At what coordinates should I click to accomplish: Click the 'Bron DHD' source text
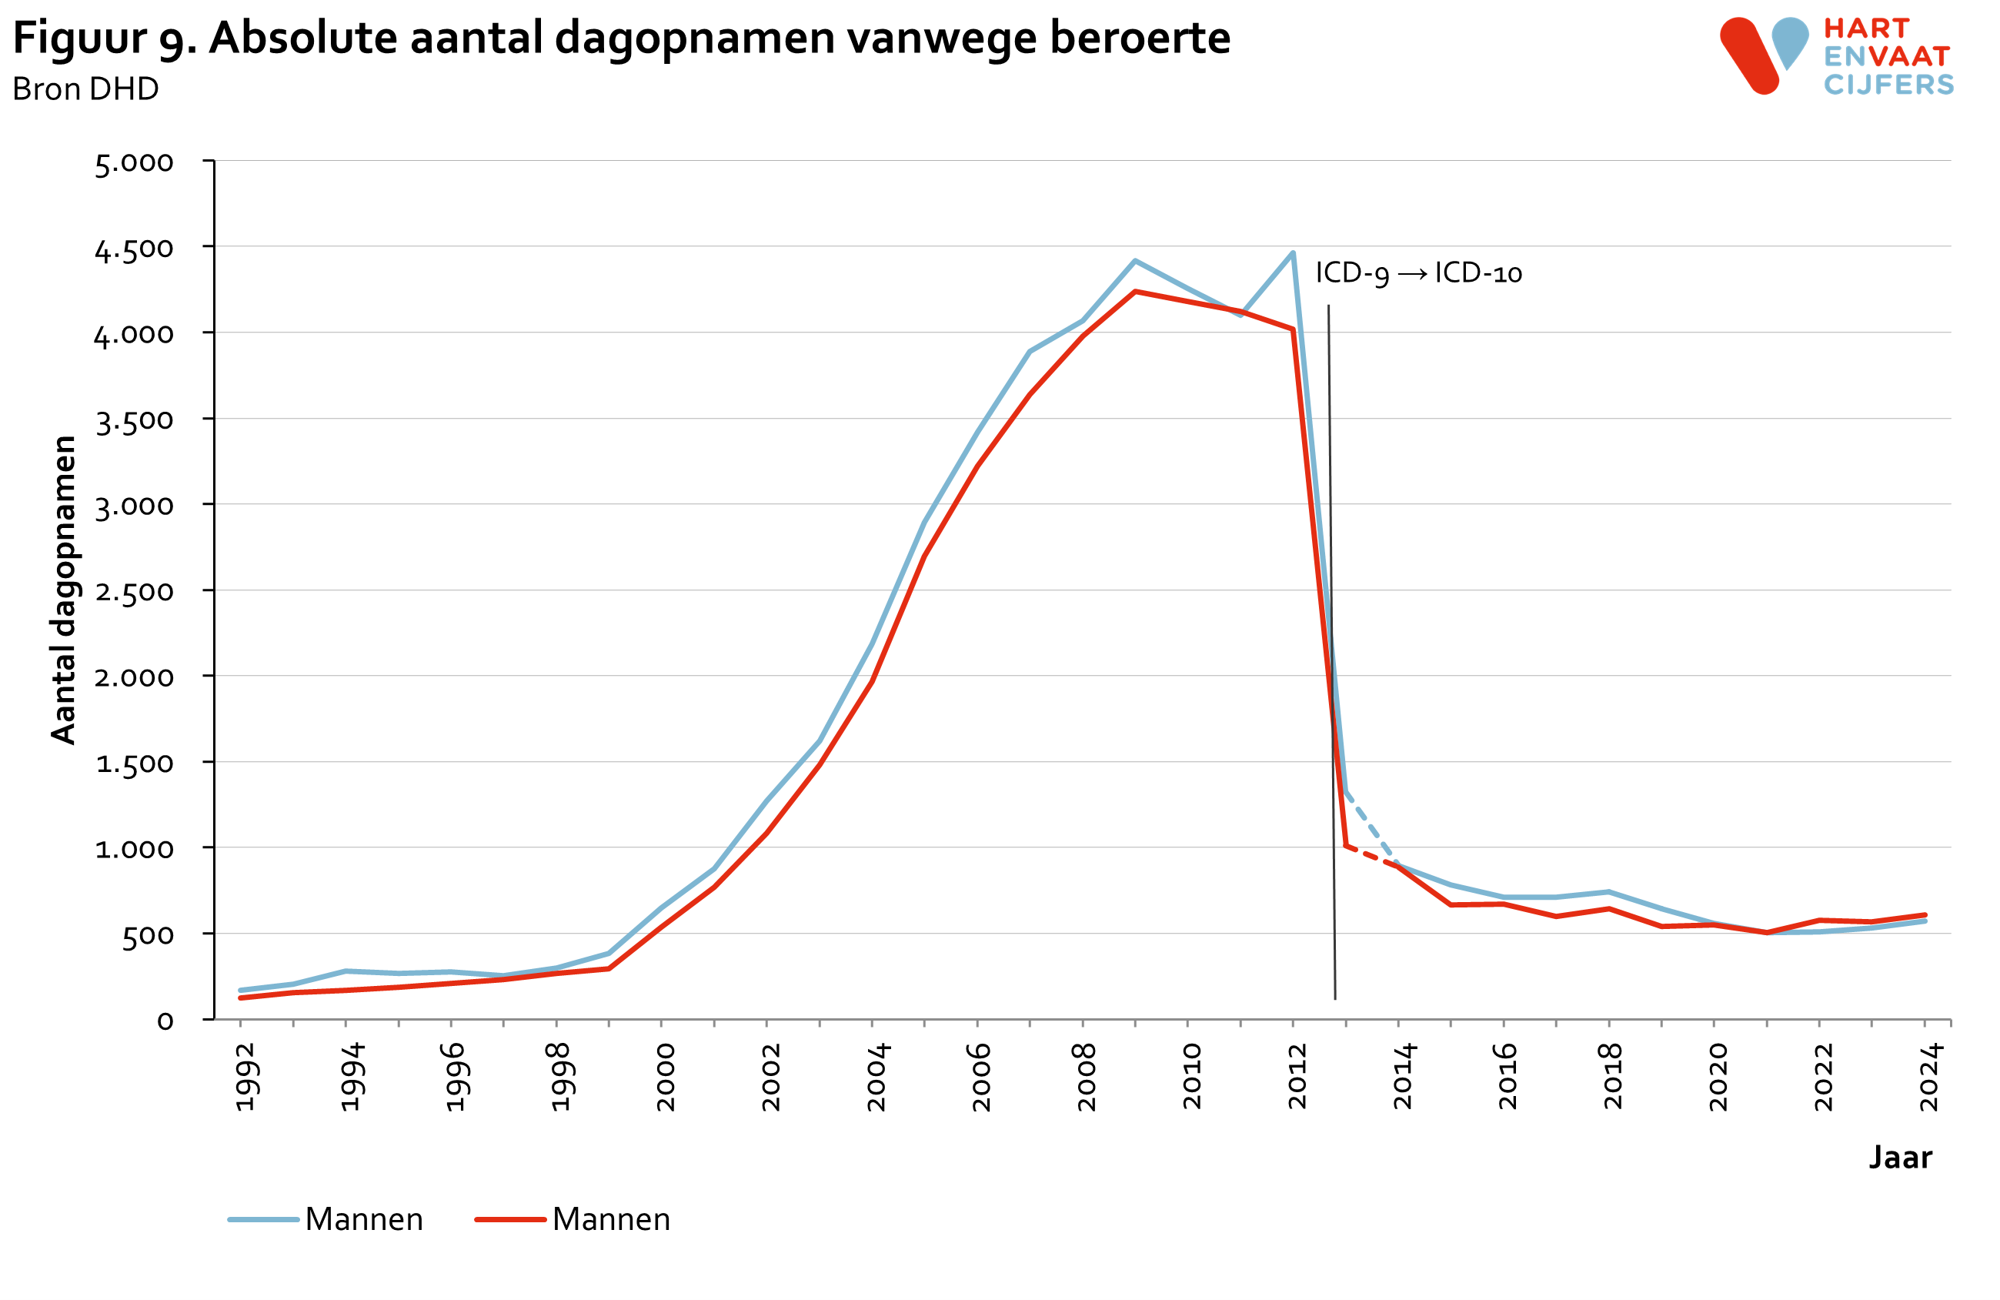coord(85,89)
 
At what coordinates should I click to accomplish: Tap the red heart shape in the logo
coord(1750,55)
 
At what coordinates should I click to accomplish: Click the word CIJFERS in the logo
coord(1888,85)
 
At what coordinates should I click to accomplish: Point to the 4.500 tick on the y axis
coord(135,249)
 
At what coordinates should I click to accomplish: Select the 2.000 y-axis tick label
coord(135,677)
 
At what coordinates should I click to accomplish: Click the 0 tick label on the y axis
coord(165,1021)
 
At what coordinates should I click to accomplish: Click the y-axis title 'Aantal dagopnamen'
coord(64,590)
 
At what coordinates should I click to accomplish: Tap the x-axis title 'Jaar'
coord(1900,1157)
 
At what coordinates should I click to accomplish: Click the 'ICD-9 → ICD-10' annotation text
coord(1418,273)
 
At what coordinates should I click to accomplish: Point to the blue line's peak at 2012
coord(1293,252)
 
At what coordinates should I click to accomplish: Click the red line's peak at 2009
coord(1135,292)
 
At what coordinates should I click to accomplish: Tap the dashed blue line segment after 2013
coord(1370,827)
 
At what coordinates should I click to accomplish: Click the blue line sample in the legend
coord(263,1219)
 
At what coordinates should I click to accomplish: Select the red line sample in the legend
coord(510,1219)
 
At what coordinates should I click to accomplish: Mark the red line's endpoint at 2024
coord(1925,915)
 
